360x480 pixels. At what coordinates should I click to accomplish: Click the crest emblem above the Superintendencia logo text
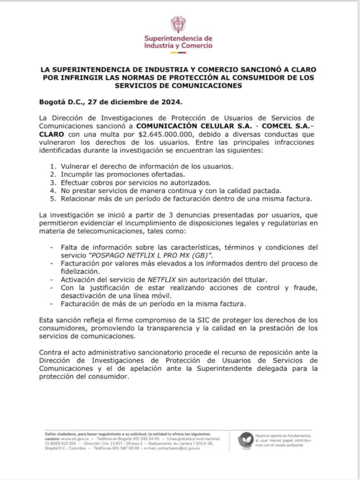[x=178, y=24]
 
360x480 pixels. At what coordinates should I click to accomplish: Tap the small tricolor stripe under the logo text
[x=178, y=52]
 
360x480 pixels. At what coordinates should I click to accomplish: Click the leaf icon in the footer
[x=246, y=440]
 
